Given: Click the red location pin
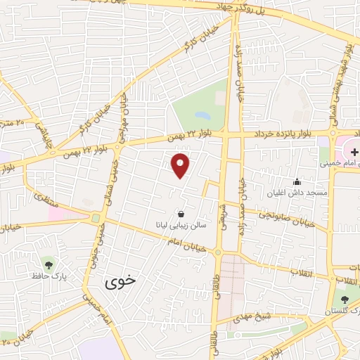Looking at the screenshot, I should (181, 164).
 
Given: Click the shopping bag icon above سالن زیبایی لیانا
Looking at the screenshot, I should (181, 214).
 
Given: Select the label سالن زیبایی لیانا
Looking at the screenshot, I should (181, 226).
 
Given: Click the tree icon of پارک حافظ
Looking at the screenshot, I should (49, 264).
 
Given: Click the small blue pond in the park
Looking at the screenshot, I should (202, 114).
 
